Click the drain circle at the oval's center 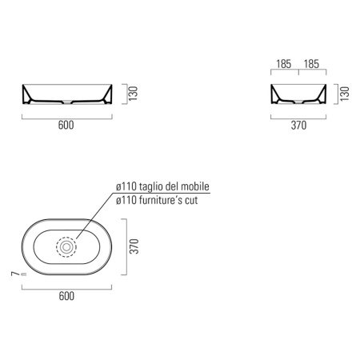66,246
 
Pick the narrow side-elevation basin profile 298,96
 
